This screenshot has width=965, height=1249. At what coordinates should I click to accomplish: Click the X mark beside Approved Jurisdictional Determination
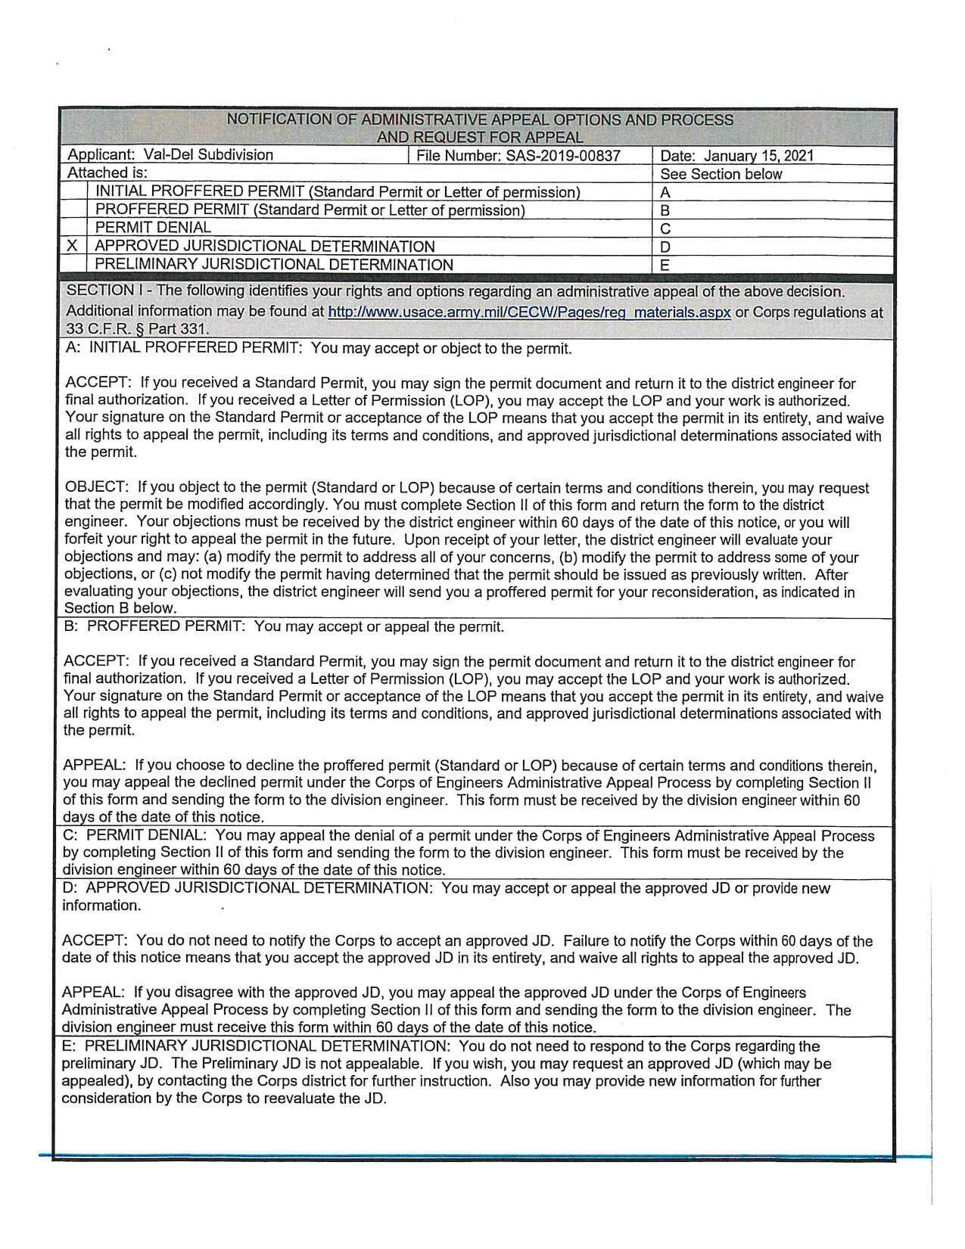(72, 246)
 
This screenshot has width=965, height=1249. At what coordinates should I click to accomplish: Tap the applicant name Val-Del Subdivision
(208, 155)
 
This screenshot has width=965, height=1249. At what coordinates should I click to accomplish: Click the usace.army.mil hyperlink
(529, 312)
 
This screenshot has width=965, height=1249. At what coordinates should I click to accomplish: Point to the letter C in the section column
(665, 228)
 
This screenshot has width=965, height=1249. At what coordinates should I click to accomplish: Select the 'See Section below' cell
(721, 174)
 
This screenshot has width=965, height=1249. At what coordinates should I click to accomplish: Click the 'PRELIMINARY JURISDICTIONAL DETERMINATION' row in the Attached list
(274, 265)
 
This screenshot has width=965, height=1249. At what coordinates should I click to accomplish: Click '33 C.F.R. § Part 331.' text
(137, 329)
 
